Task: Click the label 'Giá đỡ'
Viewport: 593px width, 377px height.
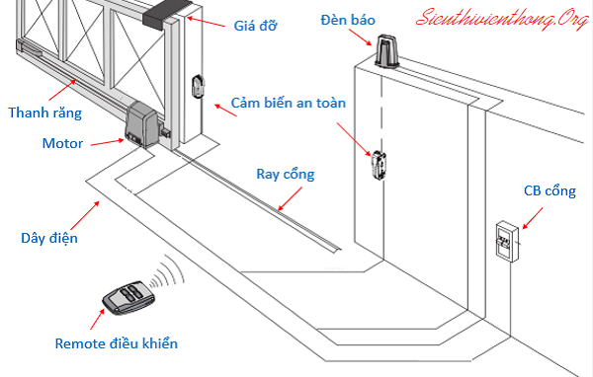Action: [x=255, y=26]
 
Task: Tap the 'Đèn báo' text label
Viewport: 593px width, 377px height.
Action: [x=348, y=20]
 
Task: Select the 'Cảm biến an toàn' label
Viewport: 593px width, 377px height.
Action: [x=289, y=103]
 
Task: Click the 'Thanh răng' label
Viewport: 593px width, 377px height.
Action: [x=45, y=113]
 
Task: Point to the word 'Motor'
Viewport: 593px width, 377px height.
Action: [x=62, y=143]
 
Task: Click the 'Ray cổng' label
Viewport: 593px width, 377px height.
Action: [x=286, y=174]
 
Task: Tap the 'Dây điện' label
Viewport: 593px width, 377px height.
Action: [x=49, y=238]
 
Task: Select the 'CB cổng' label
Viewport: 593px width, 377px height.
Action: [x=550, y=190]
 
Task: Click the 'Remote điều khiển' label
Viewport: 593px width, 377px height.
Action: [x=116, y=343]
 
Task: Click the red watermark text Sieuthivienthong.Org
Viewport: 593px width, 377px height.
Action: [x=503, y=19]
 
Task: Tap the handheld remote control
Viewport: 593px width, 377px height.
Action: [x=128, y=298]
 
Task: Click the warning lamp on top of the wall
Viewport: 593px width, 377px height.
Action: [x=386, y=51]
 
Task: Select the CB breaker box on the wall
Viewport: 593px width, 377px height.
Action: [x=507, y=242]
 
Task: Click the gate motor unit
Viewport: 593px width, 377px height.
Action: [x=140, y=124]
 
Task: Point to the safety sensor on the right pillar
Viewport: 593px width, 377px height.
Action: [x=379, y=165]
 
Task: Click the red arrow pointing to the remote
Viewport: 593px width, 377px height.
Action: [x=97, y=319]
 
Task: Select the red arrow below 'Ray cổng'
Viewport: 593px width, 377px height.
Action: [x=290, y=198]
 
